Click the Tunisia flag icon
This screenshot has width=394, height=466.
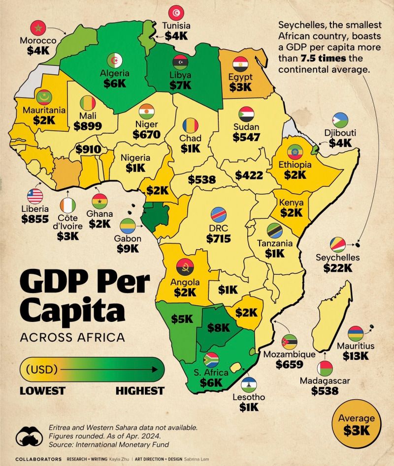[x=176, y=13]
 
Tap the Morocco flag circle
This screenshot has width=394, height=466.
[x=38, y=29]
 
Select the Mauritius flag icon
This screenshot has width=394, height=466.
[x=356, y=334]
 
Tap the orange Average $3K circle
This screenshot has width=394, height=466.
[x=357, y=424]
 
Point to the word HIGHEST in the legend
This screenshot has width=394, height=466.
[x=140, y=391]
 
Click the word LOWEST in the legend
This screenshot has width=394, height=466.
[x=42, y=391]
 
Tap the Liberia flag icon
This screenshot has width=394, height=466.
[x=35, y=196]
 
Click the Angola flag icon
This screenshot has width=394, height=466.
[x=185, y=267]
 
